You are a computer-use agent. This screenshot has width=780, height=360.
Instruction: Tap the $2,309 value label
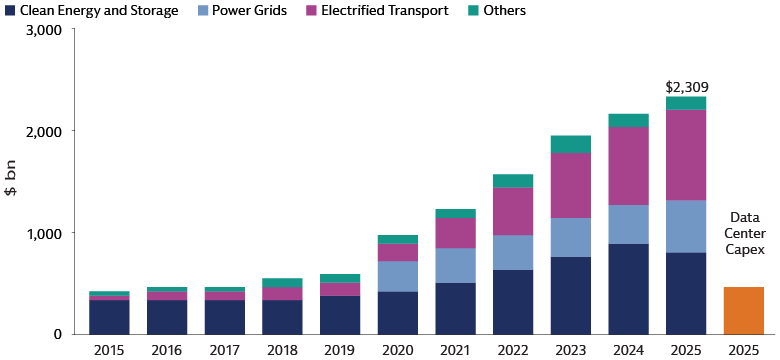686,87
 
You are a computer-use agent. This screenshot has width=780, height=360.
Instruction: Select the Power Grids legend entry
242,11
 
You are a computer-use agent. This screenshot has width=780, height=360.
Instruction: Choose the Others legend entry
496,11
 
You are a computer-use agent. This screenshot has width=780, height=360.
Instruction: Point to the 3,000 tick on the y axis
42,31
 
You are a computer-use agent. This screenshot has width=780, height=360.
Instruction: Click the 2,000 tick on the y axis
42,132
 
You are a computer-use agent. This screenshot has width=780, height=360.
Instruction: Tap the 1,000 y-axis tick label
42,233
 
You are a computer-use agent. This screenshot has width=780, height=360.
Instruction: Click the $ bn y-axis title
13,180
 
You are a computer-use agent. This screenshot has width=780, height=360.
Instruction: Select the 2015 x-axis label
108,351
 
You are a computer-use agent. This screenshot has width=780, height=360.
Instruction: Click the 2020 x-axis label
397,351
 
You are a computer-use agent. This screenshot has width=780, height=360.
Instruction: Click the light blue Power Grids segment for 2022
512,252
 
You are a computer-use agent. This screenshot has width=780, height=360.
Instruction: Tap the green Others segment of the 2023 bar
570,144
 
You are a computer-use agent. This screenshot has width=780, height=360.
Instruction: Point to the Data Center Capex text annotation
743,233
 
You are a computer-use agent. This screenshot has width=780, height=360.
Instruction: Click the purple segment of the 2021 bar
454,232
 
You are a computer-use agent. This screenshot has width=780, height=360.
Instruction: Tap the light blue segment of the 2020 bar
397,276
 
